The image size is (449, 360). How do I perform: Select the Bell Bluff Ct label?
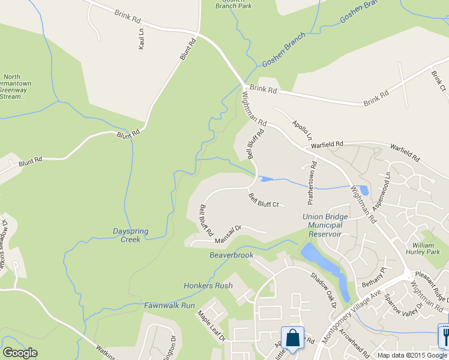[x=264, y=200]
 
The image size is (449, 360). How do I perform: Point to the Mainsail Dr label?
[x=228, y=235]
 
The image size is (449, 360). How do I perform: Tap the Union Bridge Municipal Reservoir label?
[x=325, y=225]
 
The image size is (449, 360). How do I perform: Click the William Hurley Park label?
[x=426, y=248]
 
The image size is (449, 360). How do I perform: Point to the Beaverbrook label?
[x=231, y=255]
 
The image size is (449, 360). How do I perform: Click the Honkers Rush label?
[x=208, y=286]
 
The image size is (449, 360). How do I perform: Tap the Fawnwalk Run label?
[x=170, y=305]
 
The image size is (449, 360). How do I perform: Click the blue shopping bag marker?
[x=293, y=338]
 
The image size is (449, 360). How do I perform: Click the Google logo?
[x=20, y=353]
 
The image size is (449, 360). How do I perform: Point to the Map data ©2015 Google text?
[x=411, y=355]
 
